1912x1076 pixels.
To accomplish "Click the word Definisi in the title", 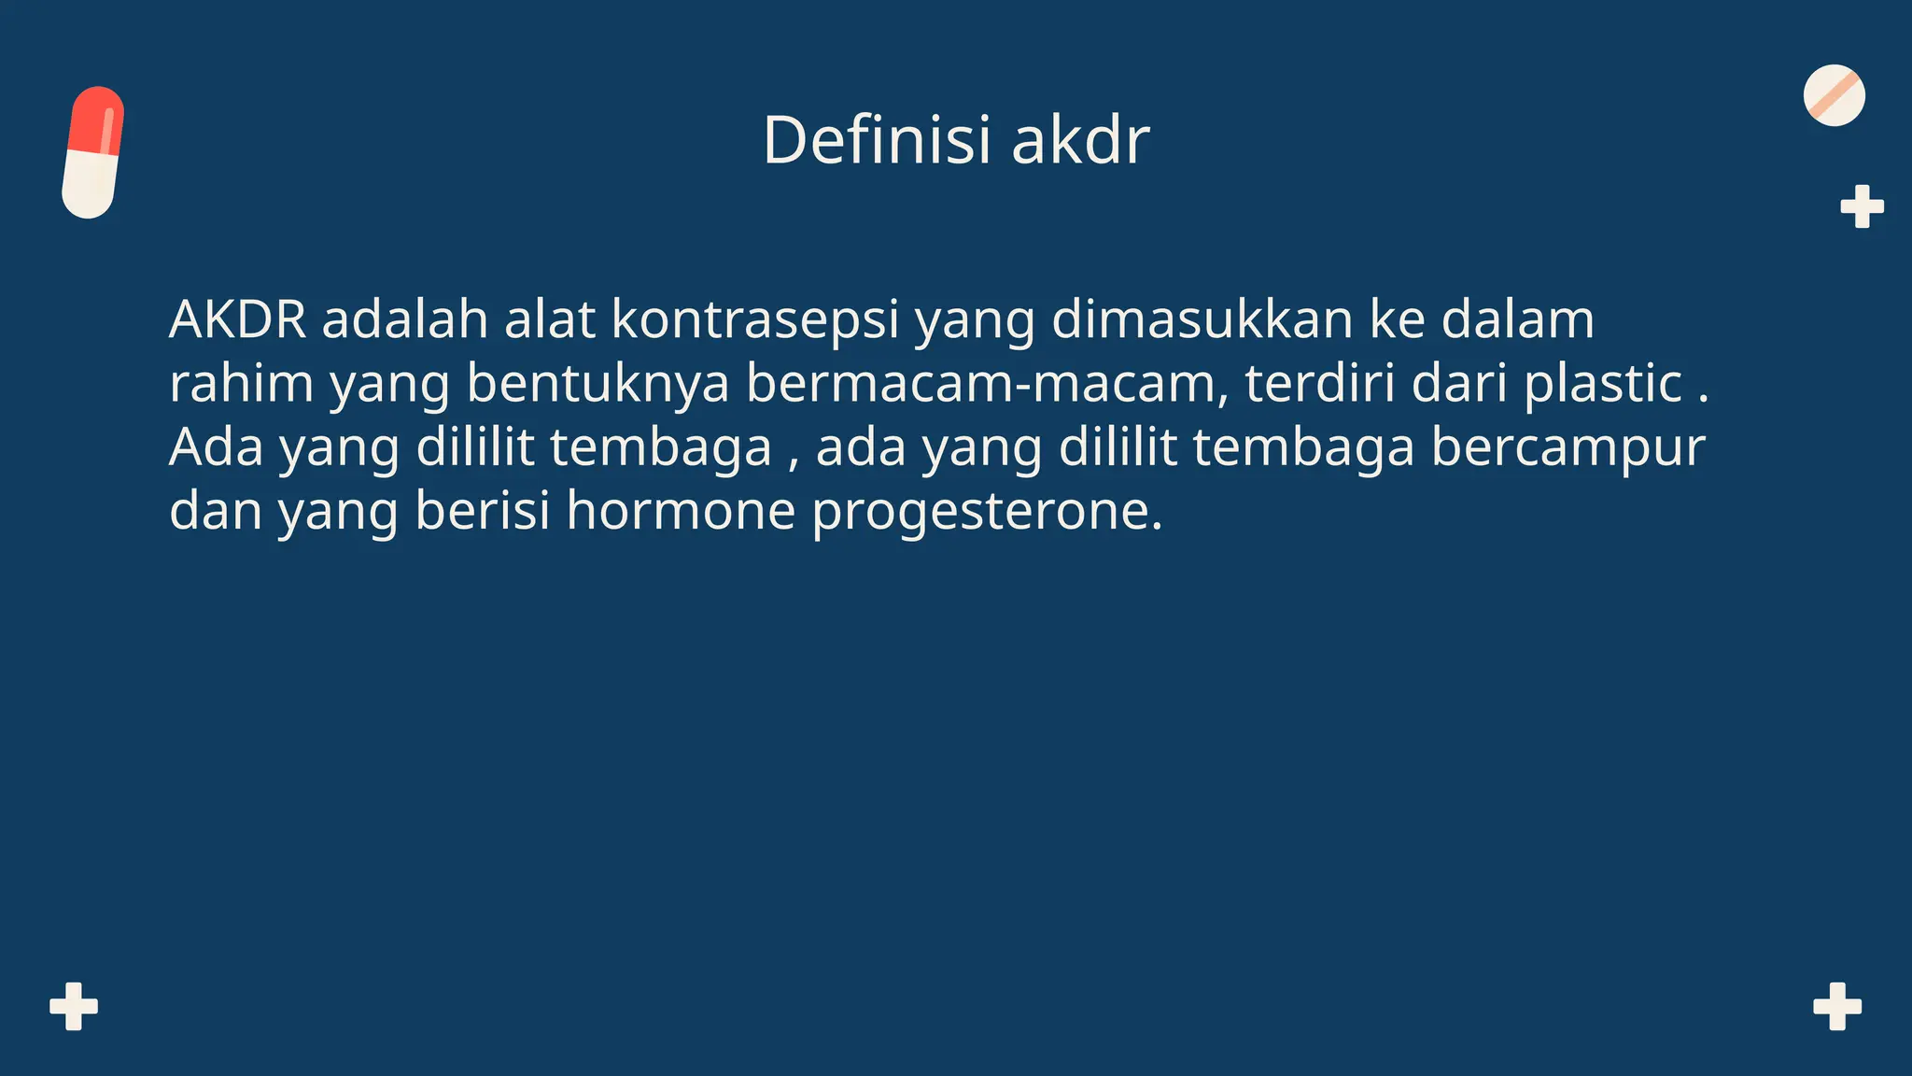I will point(877,140).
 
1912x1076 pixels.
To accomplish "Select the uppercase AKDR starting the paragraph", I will point(237,319).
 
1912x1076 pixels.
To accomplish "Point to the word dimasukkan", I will point(1202,319).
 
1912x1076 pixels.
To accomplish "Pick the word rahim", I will point(241,383).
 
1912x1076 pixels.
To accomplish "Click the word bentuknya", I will point(597,383).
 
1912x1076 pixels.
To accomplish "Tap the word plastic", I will point(1603,383).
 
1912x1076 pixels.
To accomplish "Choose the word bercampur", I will point(1568,447).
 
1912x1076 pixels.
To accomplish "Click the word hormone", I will point(681,511).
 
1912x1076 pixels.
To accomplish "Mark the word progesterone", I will point(987,511).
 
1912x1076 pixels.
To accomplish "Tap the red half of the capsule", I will point(96,119).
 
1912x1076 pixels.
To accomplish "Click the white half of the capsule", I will point(90,185).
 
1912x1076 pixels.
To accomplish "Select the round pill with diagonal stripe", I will point(1834,95).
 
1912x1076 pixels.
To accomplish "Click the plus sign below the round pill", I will point(1862,206).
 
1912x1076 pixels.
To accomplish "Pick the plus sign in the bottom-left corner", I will point(74,1006).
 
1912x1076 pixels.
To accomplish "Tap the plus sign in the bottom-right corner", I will point(1837,1006).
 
